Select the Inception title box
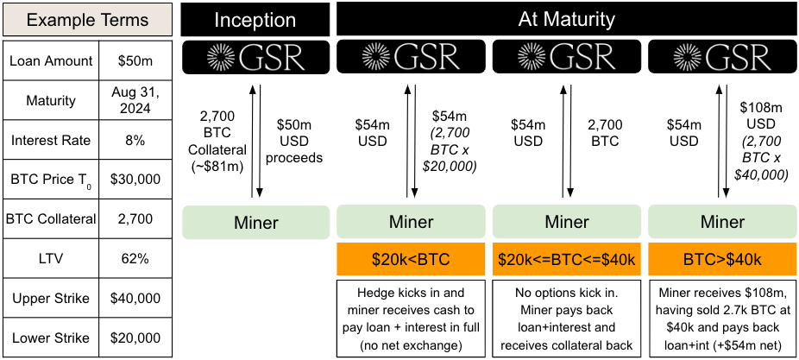click(255, 19)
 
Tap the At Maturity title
click(566, 18)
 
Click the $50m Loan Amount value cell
click(137, 61)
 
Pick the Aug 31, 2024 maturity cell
click(137, 100)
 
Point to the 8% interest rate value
click(137, 141)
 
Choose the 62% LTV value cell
click(137, 258)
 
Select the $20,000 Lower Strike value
click(137, 338)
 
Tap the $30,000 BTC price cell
click(137, 180)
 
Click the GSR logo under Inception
click(256, 57)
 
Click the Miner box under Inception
click(256, 223)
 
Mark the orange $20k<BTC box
click(411, 258)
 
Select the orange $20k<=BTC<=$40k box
click(566, 258)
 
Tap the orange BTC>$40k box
click(721, 258)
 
